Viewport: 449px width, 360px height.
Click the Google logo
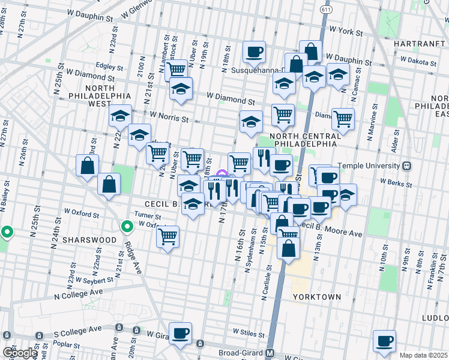19,353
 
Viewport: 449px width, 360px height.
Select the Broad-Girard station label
237,353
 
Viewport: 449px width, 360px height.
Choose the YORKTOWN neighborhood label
317,297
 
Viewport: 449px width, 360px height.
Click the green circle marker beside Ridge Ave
127,227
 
